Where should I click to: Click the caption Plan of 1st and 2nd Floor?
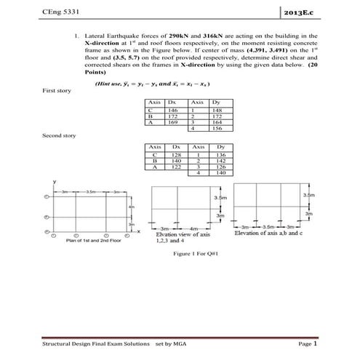pos(93,240)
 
